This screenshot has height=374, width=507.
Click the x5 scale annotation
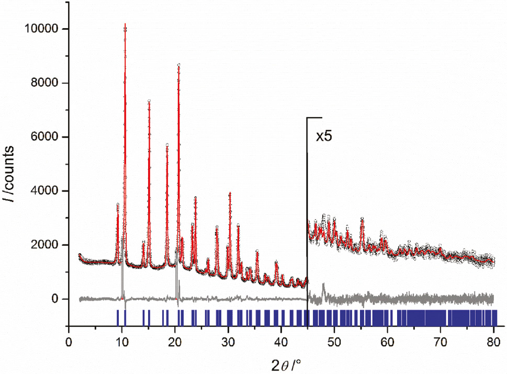coord(324,137)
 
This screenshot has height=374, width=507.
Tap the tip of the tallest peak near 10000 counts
coord(125,24)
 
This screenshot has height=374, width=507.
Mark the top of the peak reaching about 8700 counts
coord(179,64)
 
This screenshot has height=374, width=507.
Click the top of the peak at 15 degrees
coord(149,101)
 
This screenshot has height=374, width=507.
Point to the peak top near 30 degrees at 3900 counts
coord(230,193)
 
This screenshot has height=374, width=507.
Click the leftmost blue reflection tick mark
coord(117,318)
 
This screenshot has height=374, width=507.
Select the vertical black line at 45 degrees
coord(307,209)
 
